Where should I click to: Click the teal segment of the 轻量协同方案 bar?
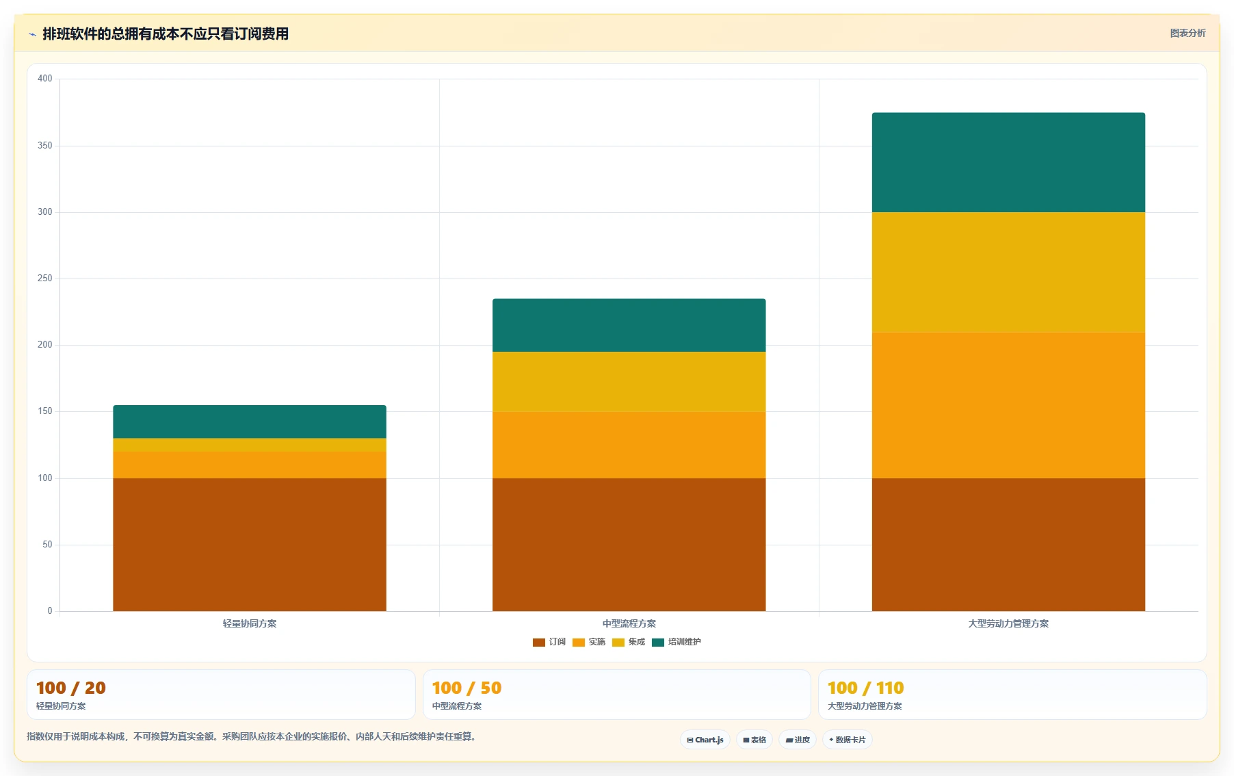coord(250,422)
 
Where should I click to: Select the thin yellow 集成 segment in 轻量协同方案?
coord(250,445)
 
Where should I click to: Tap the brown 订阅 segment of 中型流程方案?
coord(629,545)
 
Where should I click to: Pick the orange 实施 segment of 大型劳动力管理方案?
coord(1008,405)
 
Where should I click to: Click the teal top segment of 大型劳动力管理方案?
coord(1008,162)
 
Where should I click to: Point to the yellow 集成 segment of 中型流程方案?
coord(629,382)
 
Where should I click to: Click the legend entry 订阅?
coord(549,642)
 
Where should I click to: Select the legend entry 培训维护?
coord(677,642)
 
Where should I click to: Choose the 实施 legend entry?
coord(589,642)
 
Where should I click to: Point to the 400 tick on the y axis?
coord(45,79)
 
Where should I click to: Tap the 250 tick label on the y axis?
coord(45,279)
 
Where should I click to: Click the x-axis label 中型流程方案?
coord(629,623)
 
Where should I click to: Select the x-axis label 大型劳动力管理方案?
coord(1008,623)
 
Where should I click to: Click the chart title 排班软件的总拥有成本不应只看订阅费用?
coord(166,34)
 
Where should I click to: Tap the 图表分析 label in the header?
coord(1187,33)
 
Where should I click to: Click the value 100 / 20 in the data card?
coord(71,688)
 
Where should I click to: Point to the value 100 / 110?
coord(865,688)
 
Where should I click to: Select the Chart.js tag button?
coord(705,740)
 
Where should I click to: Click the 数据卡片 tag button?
coord(847,740)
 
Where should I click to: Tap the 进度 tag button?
coord(798,740)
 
